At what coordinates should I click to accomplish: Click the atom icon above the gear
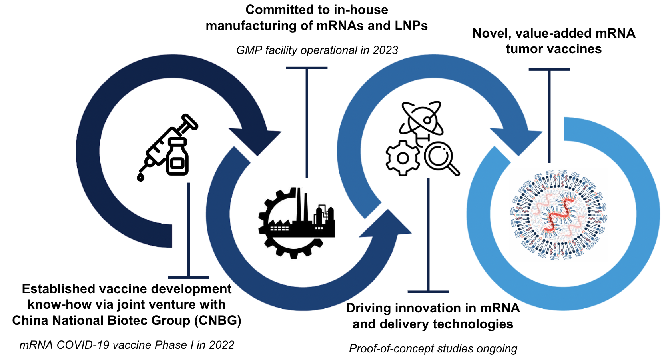coord(421,118)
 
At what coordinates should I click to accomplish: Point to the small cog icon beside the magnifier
coord(403,158)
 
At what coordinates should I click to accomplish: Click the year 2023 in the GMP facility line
coord(385,50)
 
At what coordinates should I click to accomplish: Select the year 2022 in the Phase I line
coord(221,345)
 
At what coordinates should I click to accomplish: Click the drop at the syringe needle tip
coord(140,176)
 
